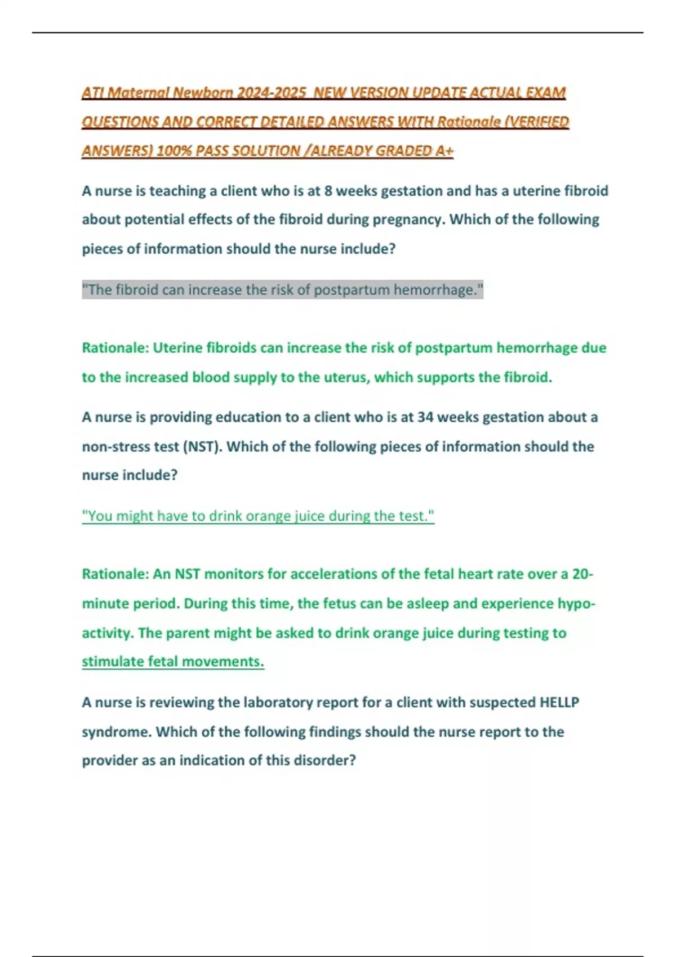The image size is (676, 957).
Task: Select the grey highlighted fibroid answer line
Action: click(282, 290)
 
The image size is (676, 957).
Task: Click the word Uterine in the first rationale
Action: click(177, 348)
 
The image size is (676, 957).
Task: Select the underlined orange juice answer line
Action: click(258, 516)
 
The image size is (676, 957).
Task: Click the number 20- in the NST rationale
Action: click(582, 574)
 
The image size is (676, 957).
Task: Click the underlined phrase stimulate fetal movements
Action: click(173, 661)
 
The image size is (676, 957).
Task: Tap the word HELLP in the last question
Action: click(559, 703)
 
